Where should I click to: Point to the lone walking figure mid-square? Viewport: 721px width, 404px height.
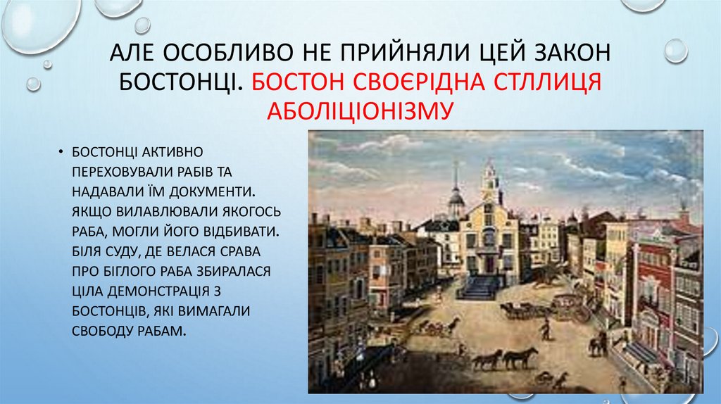tap(544, 329)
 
